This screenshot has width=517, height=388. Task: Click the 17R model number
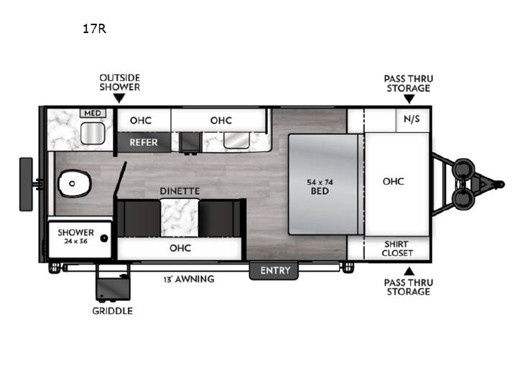click(94, 29)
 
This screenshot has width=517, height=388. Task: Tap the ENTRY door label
click(275, 271)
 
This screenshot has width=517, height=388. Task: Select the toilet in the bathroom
click(75, 183)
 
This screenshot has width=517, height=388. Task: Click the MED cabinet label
click(93, 114)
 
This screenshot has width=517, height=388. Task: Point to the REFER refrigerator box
click(144, 142)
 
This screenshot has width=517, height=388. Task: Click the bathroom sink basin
click(93, 134)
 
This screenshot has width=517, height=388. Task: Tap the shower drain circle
click(104, 238)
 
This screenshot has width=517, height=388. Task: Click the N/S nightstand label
click(412, 119)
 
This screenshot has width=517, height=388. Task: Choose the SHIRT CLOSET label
click(397, 249)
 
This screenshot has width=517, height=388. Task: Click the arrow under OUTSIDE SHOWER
click(119, 98)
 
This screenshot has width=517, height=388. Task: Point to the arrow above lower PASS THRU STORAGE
click(409, 271)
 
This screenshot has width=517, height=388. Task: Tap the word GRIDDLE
click(113, 311)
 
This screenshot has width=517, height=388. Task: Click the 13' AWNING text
click(189, 279)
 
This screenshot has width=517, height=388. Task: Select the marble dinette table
click(180, 218)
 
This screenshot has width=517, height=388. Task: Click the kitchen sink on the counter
click(236, 141)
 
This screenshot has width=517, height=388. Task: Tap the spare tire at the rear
click(26, 184)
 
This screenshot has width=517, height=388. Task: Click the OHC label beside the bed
click(393, 181)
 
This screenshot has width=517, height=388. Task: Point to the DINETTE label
click(180, 191)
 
